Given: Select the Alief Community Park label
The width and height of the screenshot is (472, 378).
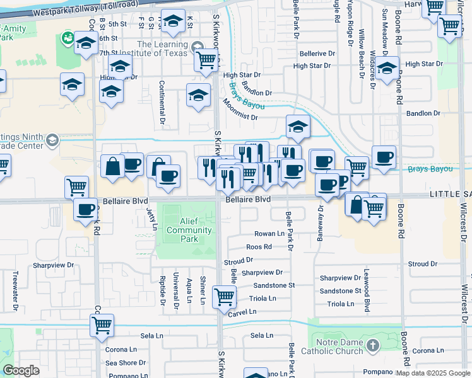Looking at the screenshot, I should tap(189, 226).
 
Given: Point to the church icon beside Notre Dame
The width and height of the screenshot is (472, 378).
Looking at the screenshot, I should tap(372, 345).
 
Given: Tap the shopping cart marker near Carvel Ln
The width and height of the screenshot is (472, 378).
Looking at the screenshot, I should tap(224, 296).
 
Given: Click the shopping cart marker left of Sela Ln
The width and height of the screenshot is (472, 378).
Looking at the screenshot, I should tap(102, 324).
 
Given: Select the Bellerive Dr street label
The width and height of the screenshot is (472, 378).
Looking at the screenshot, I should tap(317, 54).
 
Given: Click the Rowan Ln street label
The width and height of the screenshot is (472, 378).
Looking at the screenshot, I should tap(269, 234).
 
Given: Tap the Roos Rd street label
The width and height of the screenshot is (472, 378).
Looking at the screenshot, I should tap(259, 247).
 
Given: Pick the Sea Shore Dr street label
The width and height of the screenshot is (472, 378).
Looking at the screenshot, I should tap(126, 363).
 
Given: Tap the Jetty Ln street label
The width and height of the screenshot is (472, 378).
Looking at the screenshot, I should tap(150, 218).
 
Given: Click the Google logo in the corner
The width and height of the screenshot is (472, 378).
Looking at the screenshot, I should tap(21, 370).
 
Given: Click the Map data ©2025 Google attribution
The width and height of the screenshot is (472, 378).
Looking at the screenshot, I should tap(433, 373).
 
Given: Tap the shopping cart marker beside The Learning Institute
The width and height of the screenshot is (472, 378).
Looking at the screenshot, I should tap(206, 60).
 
